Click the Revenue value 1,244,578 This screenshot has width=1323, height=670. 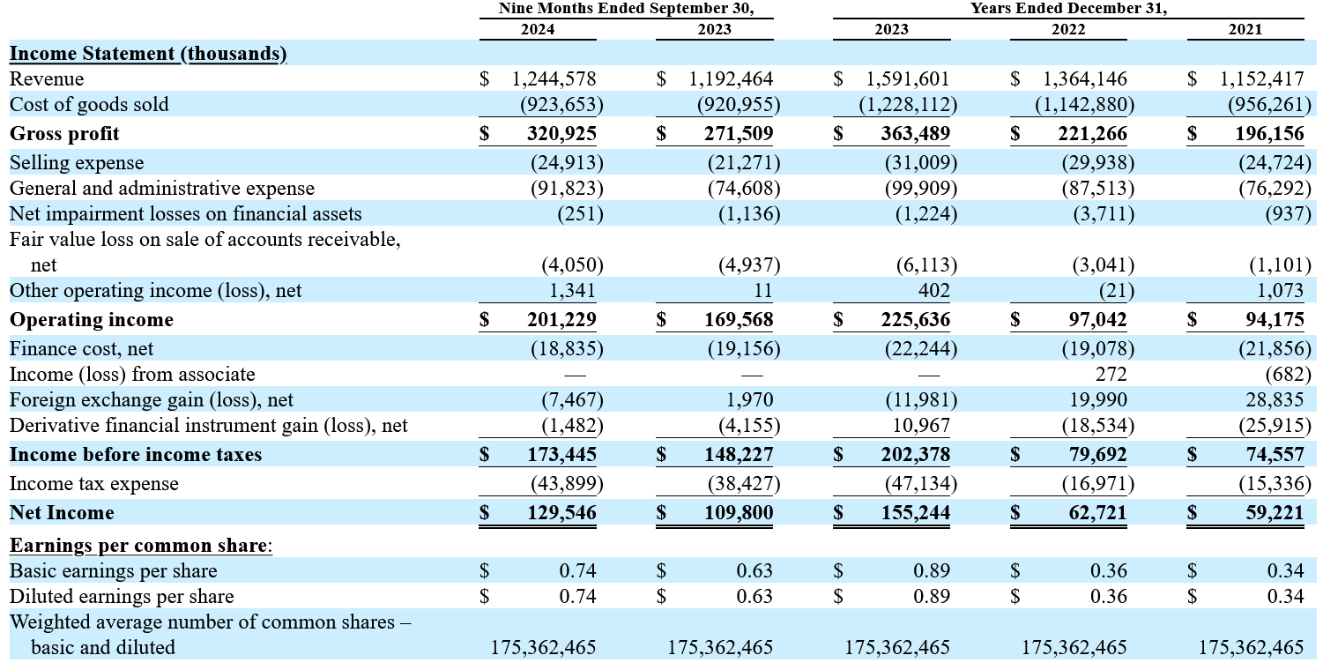[554, 78]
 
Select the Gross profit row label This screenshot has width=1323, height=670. [64, 133]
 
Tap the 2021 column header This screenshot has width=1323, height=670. [1245, 29]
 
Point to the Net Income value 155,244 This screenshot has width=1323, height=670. [916, 512]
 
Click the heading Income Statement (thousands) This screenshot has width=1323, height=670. [148, 53]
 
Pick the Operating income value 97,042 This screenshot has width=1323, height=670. [1097, 320]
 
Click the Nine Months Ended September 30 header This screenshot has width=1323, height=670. [626, 8]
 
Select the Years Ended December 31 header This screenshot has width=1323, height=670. [1069, 8]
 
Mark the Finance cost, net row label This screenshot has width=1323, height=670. [81, 348]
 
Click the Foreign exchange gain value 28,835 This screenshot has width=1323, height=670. [1275, 400]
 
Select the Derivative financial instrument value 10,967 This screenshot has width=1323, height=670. [921, 426]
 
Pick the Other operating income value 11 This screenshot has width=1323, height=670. [763, 291]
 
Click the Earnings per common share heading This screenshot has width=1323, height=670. [141, 545]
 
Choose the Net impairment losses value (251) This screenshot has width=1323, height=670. [581, 214]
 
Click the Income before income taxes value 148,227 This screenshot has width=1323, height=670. [739, 454]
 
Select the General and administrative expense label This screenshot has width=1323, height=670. [162, 189]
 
